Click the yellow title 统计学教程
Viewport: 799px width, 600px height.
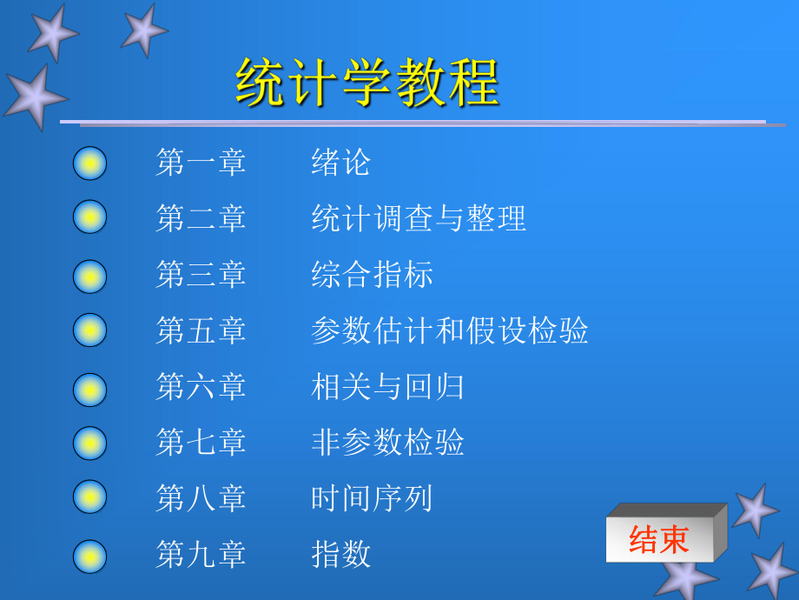point(366,82)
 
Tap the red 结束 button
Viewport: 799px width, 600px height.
point(660,539)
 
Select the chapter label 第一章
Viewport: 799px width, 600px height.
point(201,163)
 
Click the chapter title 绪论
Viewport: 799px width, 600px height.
point(341,163)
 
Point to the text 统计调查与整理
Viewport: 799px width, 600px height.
point(419,218)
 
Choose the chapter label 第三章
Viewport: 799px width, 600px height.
point(201,274)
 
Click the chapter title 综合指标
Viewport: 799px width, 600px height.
point(372,274)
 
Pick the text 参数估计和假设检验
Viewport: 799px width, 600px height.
point(450,330)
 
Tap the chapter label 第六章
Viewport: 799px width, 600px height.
point(201,386)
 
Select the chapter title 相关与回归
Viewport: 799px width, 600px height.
point(387,386)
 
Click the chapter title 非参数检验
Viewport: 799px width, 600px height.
point(387,442)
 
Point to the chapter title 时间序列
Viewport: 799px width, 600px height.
point(372,498)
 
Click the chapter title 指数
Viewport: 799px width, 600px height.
point(341,554)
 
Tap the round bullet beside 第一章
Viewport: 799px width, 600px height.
point(89,163)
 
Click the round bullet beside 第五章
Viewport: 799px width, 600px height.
point(89,330)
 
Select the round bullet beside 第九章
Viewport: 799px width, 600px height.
point(89,557)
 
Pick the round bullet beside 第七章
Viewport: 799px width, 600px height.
point(89,443)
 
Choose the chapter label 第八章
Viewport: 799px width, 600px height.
point(201,498)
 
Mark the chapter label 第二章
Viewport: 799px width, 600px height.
point(201,218)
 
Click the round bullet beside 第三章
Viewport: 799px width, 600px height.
point(89,277)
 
